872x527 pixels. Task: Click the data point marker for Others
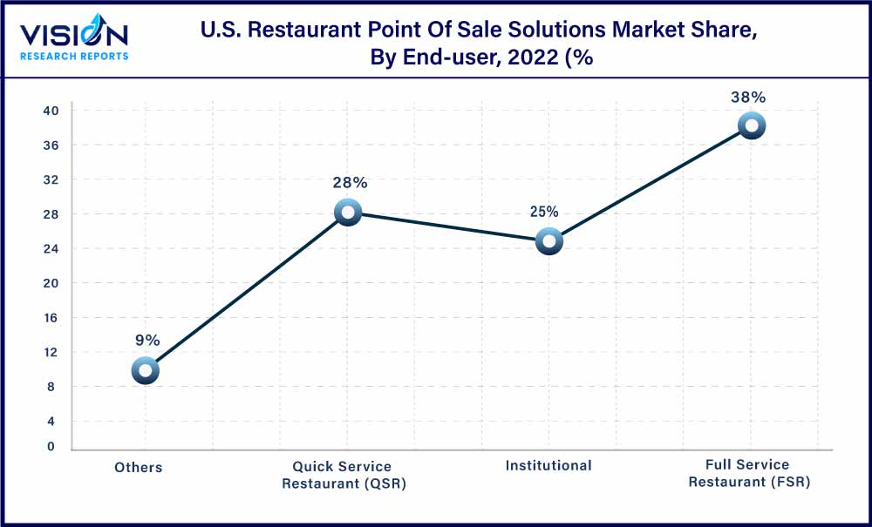coord(146,370)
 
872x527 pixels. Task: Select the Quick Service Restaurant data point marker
coord(348,212)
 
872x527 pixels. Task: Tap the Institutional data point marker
coord(548,241)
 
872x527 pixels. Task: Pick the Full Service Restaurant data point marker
coord(751,125)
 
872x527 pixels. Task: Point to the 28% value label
coord(350,183)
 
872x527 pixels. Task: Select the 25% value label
coord(544,212)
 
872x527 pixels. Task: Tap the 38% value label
coord(748,98)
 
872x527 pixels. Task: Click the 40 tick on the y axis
coord(51,111)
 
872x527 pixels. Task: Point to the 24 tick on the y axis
coord(51,248)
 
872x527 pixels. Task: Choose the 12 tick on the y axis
coord(51,352)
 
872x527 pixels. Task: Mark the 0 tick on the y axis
coord(51,446)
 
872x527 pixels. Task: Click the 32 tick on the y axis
coord(51,179)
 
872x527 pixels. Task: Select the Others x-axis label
coord(139,468)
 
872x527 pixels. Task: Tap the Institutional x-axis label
coord(548,466)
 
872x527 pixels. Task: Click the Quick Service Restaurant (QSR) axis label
coord(343,475)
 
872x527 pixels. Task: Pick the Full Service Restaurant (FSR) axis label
coord(749,473)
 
